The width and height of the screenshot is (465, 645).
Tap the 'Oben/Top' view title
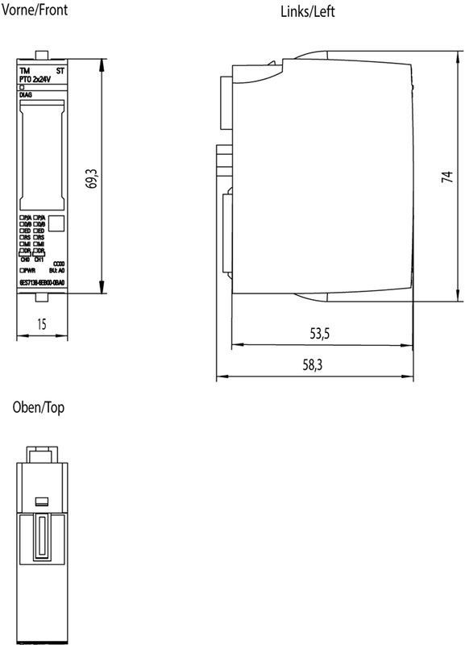click(38, 408)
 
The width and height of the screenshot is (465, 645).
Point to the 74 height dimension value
click(446, 177)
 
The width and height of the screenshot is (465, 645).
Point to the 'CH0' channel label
click(25, 260)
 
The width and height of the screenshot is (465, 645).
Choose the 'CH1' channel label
click(39, 260)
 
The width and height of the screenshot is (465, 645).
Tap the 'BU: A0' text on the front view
click(57, 272)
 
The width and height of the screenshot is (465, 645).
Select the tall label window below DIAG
click(42, 154)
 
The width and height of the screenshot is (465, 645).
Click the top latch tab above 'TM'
click(42, 55)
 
